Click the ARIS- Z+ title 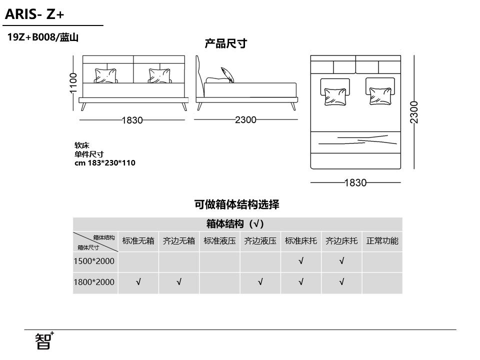click(34, 14)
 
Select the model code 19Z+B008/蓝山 click(43, 37)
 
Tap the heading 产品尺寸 click(226, 43)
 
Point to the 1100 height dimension click(73, 83)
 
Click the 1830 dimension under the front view click(132, 120)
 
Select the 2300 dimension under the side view click(245, 119)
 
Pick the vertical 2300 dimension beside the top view click(414, 112)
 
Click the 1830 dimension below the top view click(355, 183)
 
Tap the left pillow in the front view click(106, 75)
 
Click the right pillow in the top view click(380, 96)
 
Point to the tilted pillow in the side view click(227, 74)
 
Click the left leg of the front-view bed click(83, 106)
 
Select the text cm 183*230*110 click(105, 163)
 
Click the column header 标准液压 click(219, 241)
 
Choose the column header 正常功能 click(382, 241)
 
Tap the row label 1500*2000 click(94, 261)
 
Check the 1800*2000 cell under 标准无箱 click(138, 282)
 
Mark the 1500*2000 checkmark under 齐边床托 click(341, 261)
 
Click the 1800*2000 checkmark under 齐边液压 click(260, 282)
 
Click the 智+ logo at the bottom click(44, 340)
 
